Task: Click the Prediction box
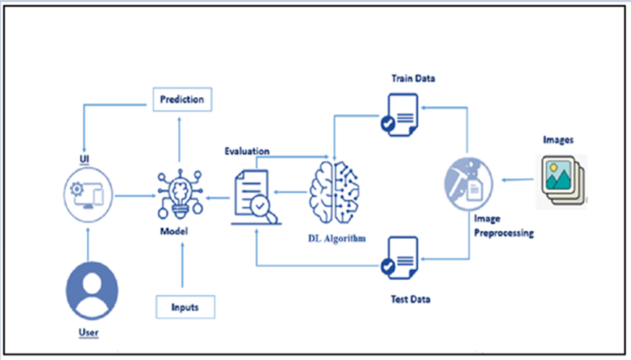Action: [x=182, y=100]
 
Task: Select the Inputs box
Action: [x=185, y=307]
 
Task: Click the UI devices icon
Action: [x=88, y=196]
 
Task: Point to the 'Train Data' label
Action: [x=413, y=78]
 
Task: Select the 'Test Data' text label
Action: [x=411, y=299]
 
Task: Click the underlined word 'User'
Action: [x=88, y=333]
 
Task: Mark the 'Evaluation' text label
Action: [x=247, y=151]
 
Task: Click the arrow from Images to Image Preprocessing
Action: [x=517, y=180]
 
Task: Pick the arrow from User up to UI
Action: [x=88, y=244]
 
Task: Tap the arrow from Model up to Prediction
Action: [x=179, y=139]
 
